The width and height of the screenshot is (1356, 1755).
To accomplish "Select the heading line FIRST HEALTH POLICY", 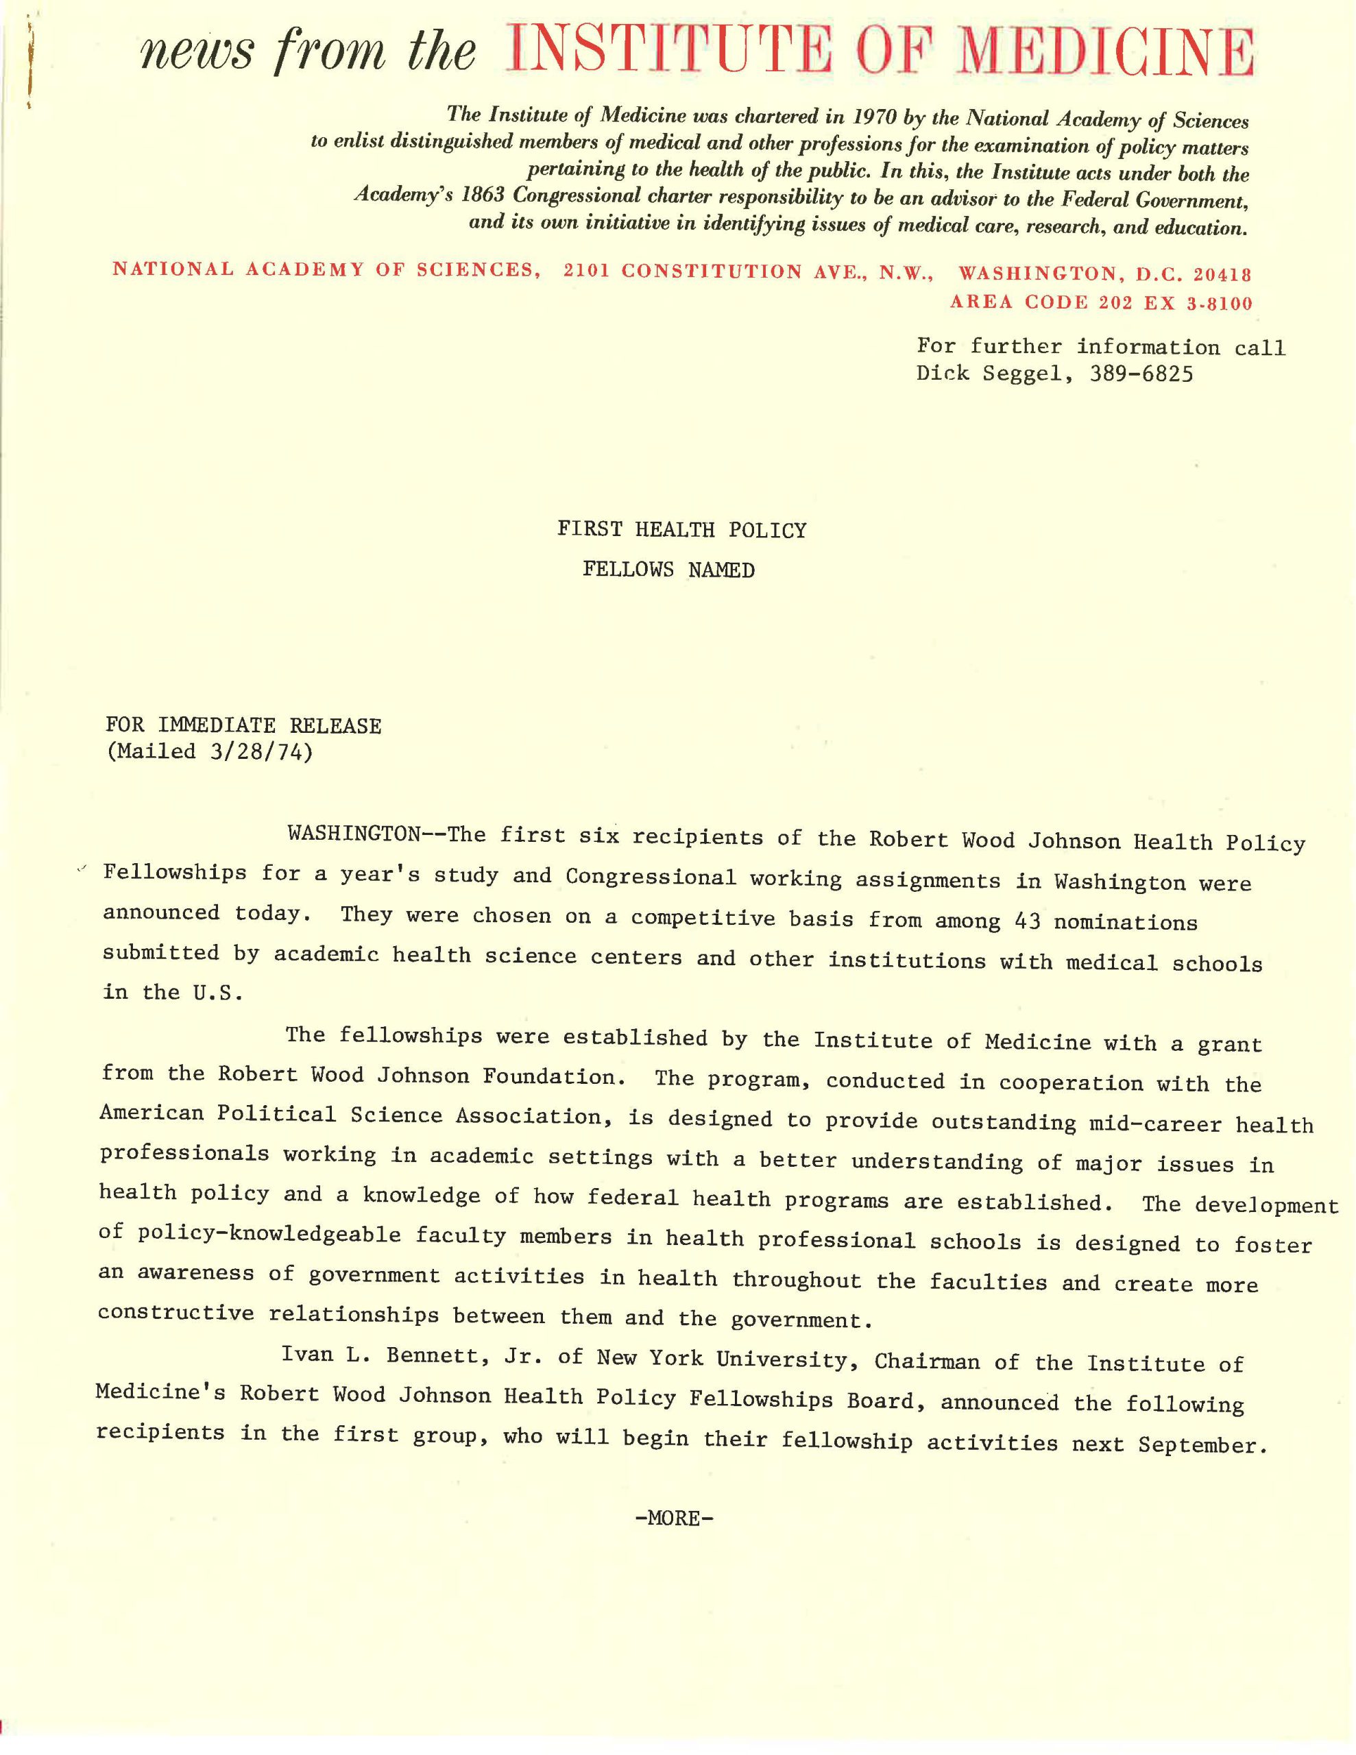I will [681, 529].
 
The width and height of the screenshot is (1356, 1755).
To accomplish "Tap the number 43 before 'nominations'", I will [1027, 921].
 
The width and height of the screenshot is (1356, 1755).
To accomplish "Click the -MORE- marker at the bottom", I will [674, 1517].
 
